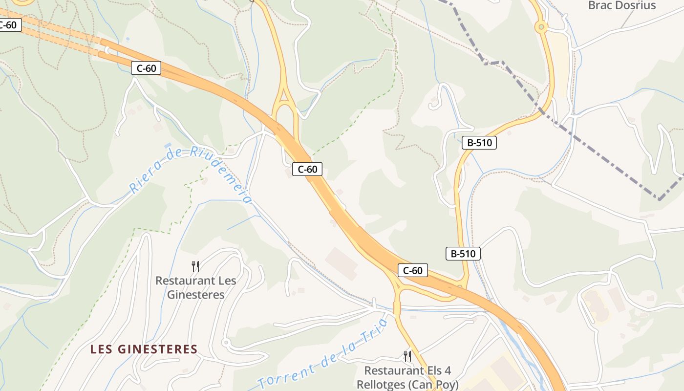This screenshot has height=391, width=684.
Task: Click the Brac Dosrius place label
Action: (621, 5)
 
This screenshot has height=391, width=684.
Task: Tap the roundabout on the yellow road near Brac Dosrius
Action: (541, 27)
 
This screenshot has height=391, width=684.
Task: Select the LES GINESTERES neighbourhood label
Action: (144, 349)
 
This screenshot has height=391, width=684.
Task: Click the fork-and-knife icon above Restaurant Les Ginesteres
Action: (195, 266)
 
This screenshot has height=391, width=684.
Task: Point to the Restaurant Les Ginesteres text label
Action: (196, 287)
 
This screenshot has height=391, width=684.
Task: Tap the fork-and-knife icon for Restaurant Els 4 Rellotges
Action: (407, 356)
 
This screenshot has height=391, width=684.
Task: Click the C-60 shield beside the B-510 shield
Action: (413, 270)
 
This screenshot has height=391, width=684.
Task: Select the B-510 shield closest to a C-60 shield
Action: (463, 254)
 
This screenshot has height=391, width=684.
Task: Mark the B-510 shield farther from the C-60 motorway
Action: (479, 143)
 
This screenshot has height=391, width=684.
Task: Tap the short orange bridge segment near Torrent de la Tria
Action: (397, 308)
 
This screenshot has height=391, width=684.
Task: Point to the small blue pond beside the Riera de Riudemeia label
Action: (168, 146)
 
